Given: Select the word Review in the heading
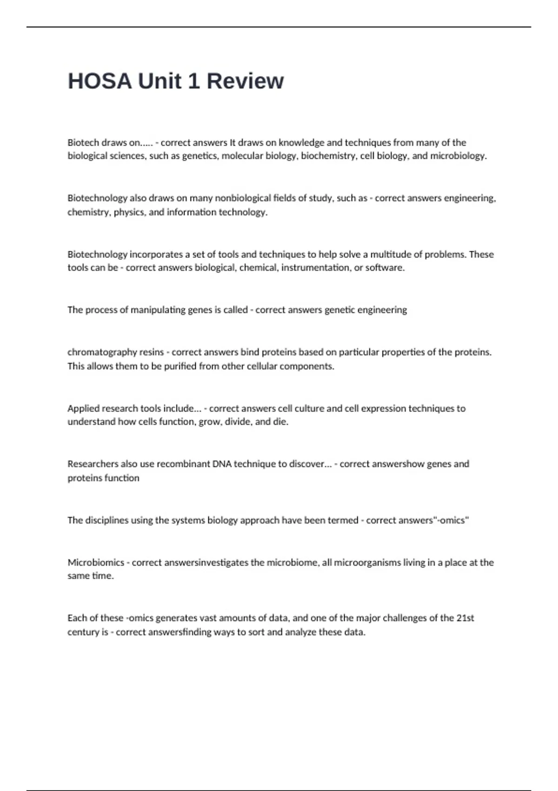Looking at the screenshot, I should tap(245, 81).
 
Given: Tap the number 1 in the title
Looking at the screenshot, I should tap(193, 81).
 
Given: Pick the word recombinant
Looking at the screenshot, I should tap(183, 464).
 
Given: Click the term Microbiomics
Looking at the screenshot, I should tap(95, 563).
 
